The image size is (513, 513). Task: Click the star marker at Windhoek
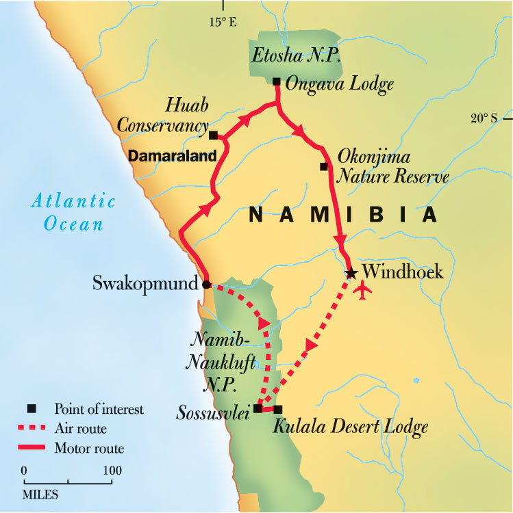coord(351,273)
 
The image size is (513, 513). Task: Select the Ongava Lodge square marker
coord(276,82)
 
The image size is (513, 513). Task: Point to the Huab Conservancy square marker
coord(213,135)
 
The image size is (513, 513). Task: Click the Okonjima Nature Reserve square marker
coord(324,166)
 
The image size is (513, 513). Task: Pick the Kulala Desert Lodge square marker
coord(277,410)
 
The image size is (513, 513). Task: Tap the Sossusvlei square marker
coord(258,409)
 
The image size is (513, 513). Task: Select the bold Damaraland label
coord(173,156)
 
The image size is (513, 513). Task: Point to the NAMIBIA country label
coord(342,215)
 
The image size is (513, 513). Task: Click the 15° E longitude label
coord(222,23)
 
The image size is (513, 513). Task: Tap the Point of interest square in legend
coord(31,409)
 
